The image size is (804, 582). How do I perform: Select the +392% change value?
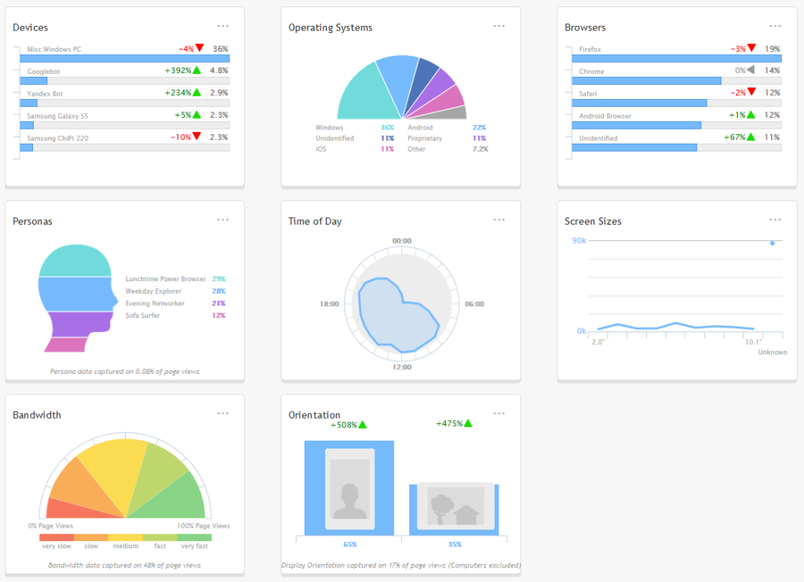click(x=177, y=71)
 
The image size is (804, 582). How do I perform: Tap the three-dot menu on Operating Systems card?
click(x=499, y=26)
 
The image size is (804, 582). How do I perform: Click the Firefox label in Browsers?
click(x=591, y=49)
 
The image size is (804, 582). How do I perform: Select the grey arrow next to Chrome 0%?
click(x=751, y=71)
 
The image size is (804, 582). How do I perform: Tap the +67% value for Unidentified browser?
click(x=734, y=137)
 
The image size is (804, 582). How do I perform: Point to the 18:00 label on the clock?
click(x=329, y=304)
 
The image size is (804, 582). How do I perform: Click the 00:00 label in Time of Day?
click(x=402, y=240)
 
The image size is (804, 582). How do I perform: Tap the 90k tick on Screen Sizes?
click(x=579, y=240)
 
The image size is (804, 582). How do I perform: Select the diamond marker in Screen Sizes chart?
click(x=772, y=243)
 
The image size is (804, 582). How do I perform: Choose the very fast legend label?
click(x=194, y=546)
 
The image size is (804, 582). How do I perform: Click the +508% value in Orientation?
click(x=344, y=425)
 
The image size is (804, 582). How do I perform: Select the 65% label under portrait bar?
click(x=349, y=544)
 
